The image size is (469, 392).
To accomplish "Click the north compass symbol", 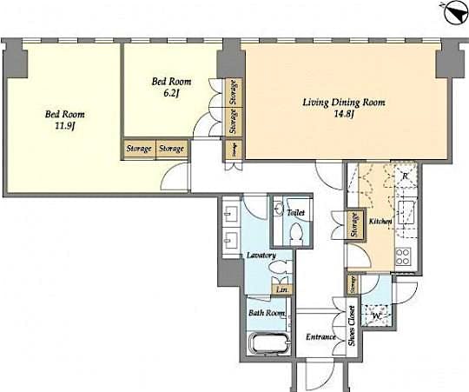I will pos(452,12).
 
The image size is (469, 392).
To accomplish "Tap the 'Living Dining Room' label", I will pos(344,102).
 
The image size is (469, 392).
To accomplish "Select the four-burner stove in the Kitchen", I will pos(403,256).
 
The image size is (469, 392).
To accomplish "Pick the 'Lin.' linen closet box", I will pos(281,291).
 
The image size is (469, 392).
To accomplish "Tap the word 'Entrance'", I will pos(320,337).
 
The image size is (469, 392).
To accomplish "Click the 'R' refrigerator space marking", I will pos(404,176).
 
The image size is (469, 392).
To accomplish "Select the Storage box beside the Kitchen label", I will pos(354,225).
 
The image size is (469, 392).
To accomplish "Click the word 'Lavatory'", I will pos(261,256).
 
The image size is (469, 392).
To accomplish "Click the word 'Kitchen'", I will pos(381,223).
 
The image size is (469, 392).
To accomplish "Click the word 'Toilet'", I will pos(295,211).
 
